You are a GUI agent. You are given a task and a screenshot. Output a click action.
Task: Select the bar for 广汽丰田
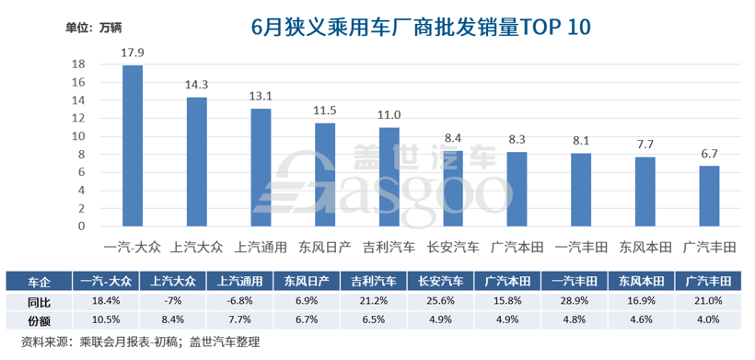tap(709, 196)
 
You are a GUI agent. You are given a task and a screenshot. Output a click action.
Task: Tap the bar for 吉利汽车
tap(389, 177)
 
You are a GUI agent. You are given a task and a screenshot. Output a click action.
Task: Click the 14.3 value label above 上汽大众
tap(197, 85)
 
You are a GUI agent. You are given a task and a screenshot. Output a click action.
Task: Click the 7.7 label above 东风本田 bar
tap(645, 145)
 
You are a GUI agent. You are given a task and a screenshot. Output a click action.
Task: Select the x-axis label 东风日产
tap(325, 247)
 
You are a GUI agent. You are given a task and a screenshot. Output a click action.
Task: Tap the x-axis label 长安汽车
tap(453, 247)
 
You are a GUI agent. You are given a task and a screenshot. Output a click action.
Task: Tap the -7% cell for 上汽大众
tap(171, 300)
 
